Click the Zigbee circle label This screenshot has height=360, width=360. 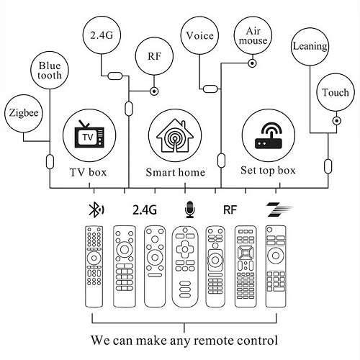(22, 112)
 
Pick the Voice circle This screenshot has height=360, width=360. (199, 35)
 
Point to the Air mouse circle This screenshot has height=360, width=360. (252, 37)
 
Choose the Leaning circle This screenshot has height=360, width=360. (310, 47)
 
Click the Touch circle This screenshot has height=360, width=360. (335, 93)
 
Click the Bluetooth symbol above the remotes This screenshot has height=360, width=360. (94, 210)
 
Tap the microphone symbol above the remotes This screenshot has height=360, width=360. (189, 210)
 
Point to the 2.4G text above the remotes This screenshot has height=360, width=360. (143, 210)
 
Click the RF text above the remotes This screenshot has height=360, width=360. (230, 210)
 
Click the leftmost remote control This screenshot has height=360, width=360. (94, 265)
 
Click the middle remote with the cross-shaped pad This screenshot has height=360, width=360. (186, 265)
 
